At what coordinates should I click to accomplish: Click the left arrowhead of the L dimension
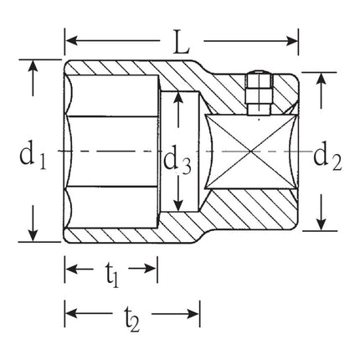coord(69,39)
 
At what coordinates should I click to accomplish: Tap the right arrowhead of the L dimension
coord(294,39)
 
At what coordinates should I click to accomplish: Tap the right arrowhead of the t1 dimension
coord(152,269)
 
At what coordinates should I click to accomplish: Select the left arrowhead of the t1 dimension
coord(69,269)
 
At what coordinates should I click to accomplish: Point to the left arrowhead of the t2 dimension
coord(69,313)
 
